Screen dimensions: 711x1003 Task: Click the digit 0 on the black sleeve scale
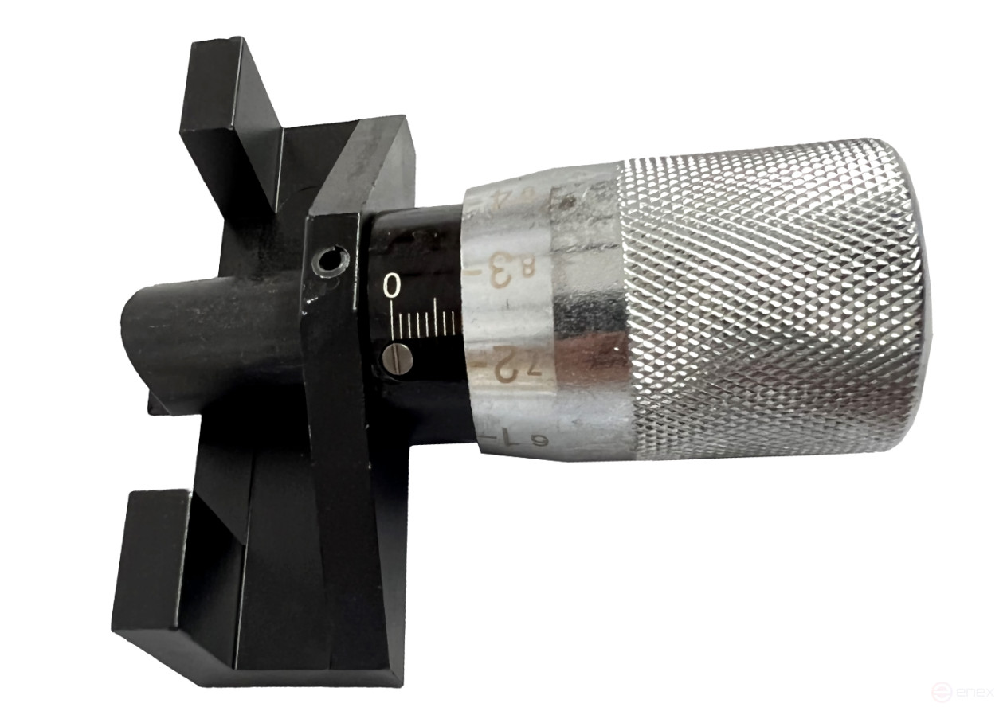(392, 286)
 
